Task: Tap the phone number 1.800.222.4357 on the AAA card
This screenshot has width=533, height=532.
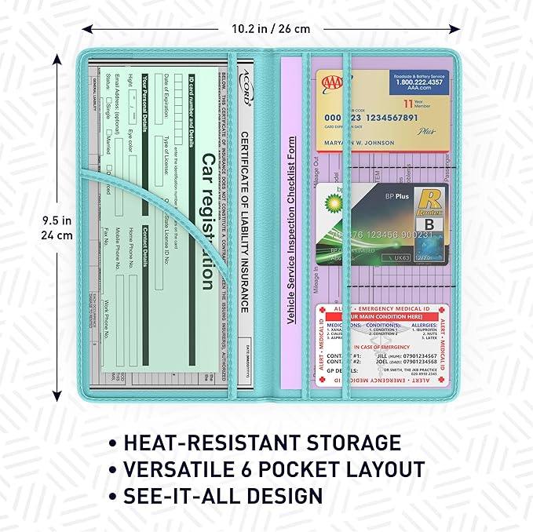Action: [408, 82]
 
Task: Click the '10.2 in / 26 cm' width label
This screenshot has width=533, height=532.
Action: [270, 29]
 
